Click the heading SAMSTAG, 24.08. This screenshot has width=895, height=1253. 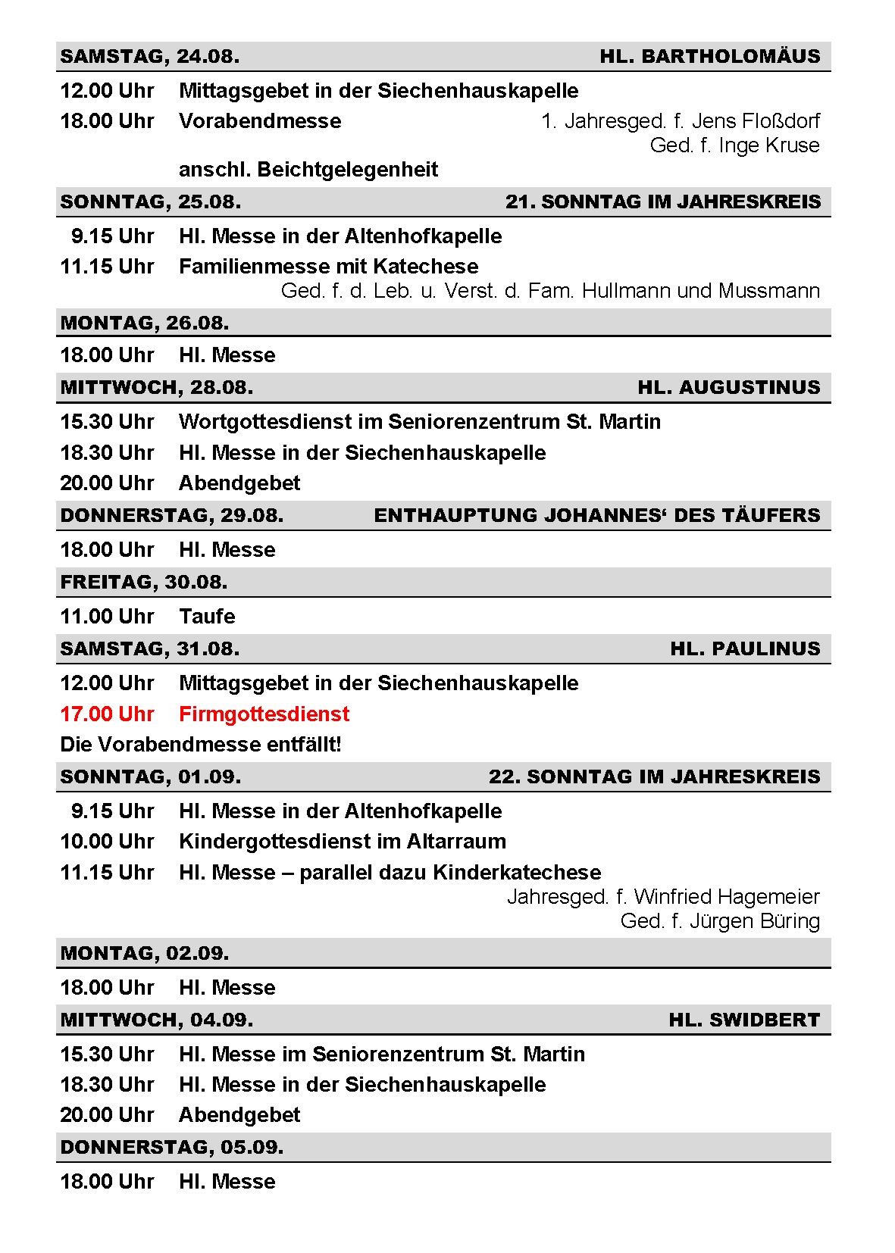[x=149, y=57]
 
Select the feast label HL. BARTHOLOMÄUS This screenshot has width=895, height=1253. [x=709, y=57]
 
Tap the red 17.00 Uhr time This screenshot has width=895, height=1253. [x=107, y=714]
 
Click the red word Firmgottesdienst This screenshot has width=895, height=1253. [x=264, y=714]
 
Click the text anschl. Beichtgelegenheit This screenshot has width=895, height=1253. [x=308, y=170]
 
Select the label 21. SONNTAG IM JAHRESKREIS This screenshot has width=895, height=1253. [x=662, y=202]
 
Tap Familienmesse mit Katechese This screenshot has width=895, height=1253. [x=328, y=267]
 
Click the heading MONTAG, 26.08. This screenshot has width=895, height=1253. [x=144, y=323]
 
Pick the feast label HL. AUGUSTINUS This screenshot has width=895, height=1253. [x=728, y=388]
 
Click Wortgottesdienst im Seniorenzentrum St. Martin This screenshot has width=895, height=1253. [x=419, y=422]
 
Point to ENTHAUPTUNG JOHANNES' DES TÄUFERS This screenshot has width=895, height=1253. [x=596, y=516]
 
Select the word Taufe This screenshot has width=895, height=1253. [x=207, y=617]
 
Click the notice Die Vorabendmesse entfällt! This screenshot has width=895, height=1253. [x=201, y=745]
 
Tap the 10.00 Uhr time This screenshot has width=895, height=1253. [x=107, y=842]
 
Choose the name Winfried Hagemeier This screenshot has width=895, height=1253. [x=726, y=897]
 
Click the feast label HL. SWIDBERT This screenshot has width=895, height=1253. [x=743, y=1020]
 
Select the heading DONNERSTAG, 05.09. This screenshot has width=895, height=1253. [x=171, y=1148]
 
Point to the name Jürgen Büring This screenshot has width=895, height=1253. [x=754, y=921]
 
